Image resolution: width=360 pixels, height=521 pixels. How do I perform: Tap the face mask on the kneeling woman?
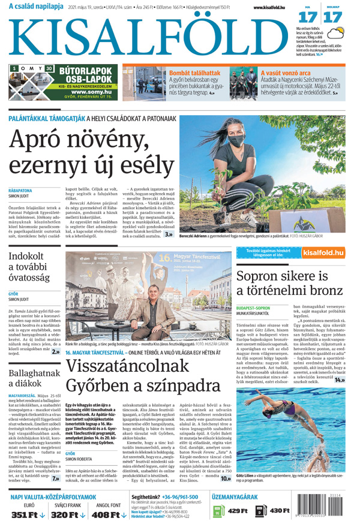(236, 141)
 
